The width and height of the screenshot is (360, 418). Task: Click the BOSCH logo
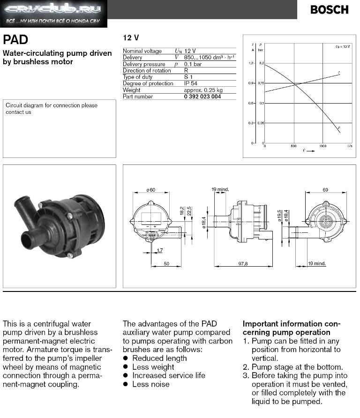(329, 10)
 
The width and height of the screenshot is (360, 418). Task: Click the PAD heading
(15, 40)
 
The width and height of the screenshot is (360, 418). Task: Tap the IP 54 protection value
(191, 83)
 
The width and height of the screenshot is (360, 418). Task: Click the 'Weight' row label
(131, 90)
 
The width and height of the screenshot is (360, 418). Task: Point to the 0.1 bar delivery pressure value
(193, 64)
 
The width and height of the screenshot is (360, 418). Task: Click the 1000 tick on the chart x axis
(322, 146)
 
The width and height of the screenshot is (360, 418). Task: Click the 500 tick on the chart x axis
(294, 146)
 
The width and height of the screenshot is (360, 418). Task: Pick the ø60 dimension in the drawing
(151, 190)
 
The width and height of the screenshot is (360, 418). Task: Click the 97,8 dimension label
(243, 264)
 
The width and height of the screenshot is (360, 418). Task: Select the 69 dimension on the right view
(325, 189)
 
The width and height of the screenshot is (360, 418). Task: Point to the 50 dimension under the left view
(166, 264)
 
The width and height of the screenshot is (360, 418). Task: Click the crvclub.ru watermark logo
(53, 14)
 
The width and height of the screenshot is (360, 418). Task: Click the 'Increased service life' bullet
(168, 375)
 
